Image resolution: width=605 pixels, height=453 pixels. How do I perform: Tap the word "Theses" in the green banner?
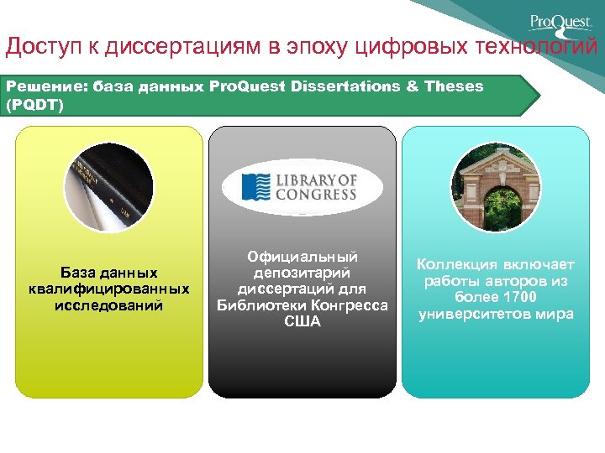(454, 86)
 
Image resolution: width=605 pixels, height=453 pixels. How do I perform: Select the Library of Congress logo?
(301, 186)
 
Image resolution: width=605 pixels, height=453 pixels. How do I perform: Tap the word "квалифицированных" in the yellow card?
(108, 289)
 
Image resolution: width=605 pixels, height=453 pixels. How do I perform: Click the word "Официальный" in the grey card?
(302, 257)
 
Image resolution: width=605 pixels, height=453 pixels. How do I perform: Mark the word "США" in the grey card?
(302, 321)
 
